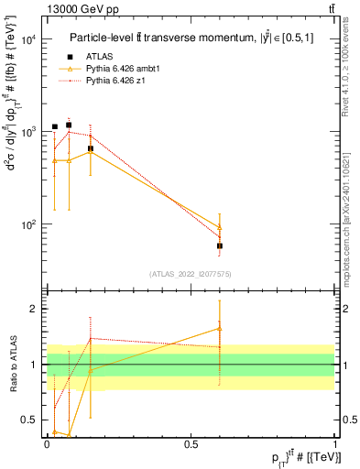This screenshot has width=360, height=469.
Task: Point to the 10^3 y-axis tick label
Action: coord(27,132)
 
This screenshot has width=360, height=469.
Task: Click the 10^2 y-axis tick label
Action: coord(27,224)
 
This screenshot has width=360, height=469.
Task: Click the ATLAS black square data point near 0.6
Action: coord(220,245)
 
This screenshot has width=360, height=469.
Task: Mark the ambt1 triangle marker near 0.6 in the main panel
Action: coord(220,227)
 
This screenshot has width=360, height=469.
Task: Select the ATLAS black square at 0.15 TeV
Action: coord(90,148)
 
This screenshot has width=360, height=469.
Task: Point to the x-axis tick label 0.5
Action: coord(191,443)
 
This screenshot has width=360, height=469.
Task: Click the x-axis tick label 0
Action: coord(47,443)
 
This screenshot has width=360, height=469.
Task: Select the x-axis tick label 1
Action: coord(335,443)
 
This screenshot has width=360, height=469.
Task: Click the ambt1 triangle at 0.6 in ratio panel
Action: coord(220,328)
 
